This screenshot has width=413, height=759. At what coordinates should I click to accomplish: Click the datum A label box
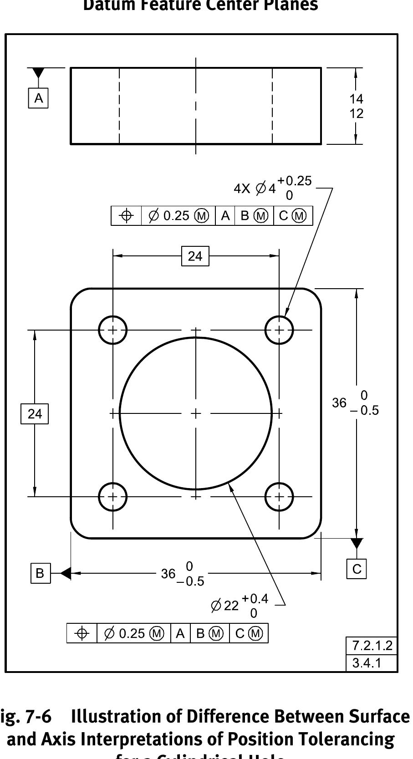[39, 98]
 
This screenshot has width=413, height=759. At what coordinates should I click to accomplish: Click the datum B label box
[40, 573]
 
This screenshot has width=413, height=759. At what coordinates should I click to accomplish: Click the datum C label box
[357, 569]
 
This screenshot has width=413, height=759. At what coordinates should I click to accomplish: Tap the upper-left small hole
[112, 330]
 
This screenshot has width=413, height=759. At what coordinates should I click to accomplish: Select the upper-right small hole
[279, 330]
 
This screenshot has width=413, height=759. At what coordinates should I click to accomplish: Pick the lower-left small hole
[112, 496]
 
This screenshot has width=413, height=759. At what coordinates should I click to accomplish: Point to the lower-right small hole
[279, 496]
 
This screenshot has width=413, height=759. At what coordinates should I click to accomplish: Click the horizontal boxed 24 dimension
[195, 256]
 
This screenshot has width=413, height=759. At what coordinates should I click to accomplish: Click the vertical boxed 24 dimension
[35, 414]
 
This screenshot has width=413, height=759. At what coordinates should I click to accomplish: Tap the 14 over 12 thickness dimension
[356, 106]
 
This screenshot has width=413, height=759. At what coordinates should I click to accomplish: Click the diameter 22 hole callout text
[240, 606]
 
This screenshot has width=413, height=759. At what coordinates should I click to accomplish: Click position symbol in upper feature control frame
[127, 216]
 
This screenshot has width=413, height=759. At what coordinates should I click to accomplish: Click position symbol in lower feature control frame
[82, 633]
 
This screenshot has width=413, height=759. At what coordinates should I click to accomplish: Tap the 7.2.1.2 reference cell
[372, 645]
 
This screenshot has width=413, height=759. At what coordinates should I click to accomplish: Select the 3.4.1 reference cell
[367, 663]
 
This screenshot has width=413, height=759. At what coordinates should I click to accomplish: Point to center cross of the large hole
[196, 413]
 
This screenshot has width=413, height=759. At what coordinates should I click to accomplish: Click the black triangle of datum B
[66, 573]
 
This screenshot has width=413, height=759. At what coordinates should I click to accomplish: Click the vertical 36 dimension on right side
[355, 403]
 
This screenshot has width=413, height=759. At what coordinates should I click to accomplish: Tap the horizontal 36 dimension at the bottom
[182, 574]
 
